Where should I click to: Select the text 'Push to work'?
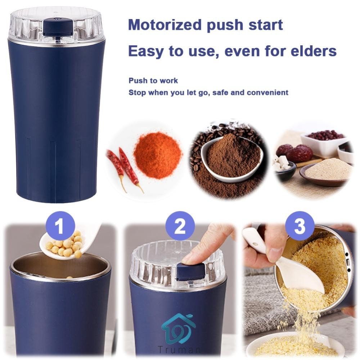[153, 81]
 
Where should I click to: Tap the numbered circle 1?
[60, 226]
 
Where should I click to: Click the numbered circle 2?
[180, 226]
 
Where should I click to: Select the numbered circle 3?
[300, 226]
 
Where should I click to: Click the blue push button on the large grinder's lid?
[58, 27]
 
